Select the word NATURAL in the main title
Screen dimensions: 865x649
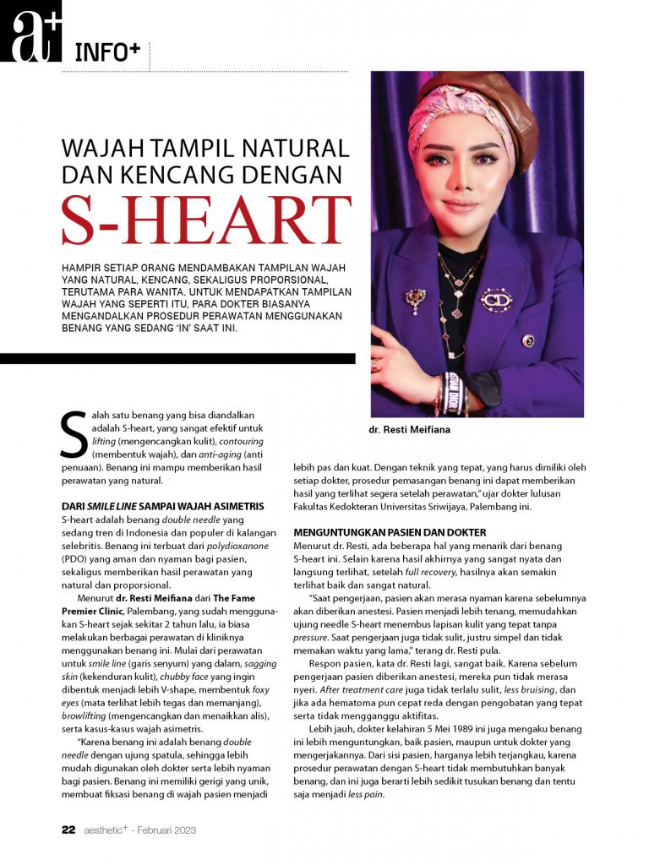tap(292, 149)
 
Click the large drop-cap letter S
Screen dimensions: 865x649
tap(74, 435)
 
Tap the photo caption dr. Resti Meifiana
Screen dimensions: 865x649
tap(410, 430)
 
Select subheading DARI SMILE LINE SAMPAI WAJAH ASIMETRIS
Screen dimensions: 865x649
tap(163, 506)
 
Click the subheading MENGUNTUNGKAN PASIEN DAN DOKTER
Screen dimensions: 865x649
tap(390, 532)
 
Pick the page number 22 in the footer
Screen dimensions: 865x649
tap(69, 830)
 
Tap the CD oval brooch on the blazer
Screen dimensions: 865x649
tap(496, 298)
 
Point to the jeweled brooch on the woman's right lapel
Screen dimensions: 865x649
tap(415, 298)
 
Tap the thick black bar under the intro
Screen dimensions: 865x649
tap(177, 359)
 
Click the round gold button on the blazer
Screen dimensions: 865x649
tap(528, 340)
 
